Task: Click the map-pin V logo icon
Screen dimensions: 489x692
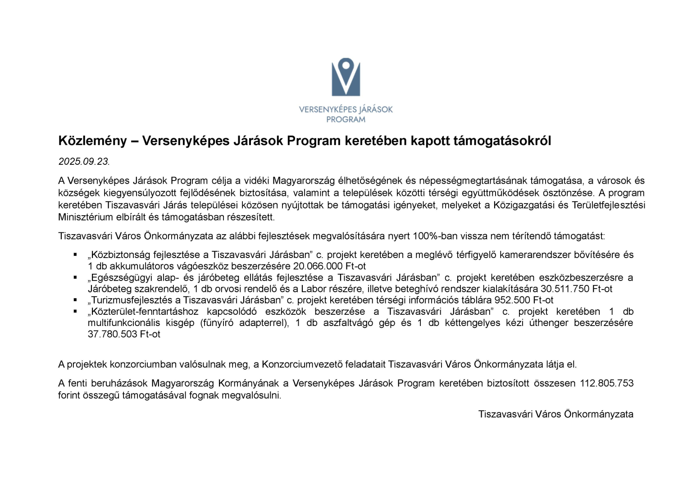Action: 346,77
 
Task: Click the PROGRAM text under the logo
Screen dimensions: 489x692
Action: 346,120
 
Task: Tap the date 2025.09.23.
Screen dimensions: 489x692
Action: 84,162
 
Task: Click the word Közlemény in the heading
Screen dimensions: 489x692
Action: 92,141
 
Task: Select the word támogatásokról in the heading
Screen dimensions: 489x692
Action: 502,141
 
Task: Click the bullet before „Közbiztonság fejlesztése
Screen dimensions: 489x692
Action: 75,255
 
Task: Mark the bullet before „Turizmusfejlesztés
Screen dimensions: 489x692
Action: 75,300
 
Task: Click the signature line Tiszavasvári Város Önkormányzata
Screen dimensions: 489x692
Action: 555,414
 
